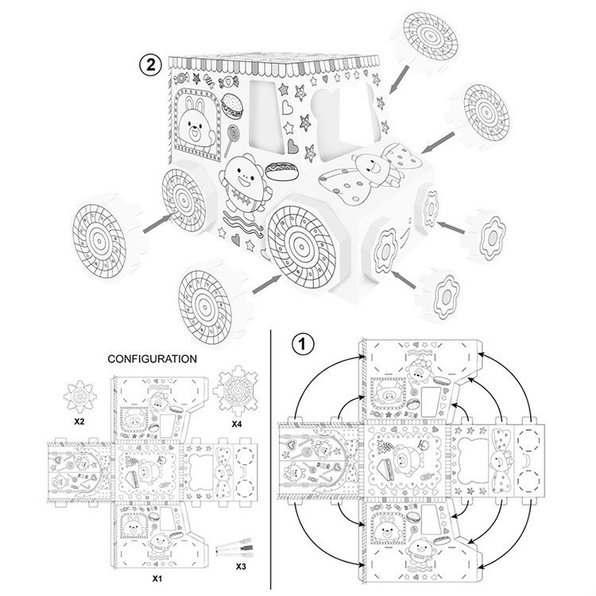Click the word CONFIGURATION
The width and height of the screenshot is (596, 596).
pyautogui.click(x=152, y=359)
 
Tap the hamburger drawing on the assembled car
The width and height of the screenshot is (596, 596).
pyautogui.click(x=230, y=104)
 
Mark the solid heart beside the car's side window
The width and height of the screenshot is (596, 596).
pyautogui.click(x=294, y=147)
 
